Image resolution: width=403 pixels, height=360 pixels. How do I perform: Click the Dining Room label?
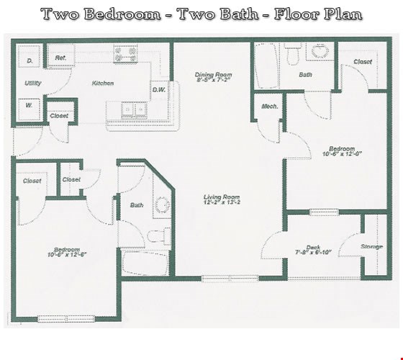(213, 74)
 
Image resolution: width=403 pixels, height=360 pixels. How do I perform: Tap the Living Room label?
(221, 197)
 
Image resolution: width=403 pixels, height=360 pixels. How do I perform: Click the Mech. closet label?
(270, 107)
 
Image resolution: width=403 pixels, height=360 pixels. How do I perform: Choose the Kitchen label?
(102, 84)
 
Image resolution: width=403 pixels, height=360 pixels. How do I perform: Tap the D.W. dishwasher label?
(159, 90)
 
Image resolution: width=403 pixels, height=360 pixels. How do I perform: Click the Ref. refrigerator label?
(60, 58)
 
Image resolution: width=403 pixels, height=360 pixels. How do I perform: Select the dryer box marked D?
(30, 60)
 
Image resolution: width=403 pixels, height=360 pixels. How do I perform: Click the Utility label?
(32, 84)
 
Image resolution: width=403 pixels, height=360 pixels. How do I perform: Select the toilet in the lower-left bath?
(158, 235)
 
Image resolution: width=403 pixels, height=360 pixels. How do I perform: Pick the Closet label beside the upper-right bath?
(362, 62)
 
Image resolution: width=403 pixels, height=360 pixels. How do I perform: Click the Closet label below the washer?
(59, 116)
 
